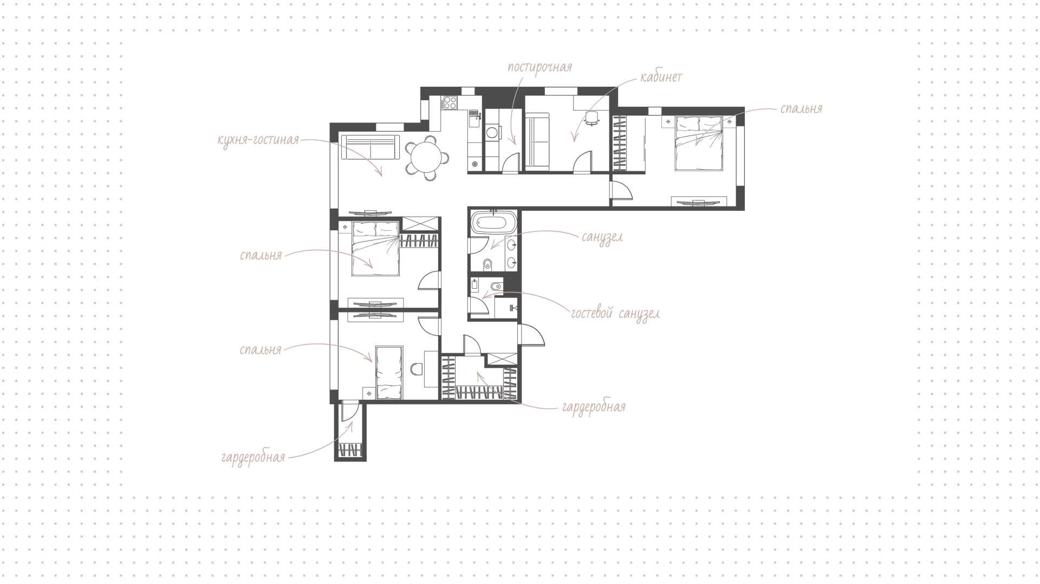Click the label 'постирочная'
pos(539,68)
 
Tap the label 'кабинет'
pos(661,77)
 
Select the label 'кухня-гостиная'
pos(258,140)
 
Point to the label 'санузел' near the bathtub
pos(602,237)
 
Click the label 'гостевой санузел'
pos(615,314)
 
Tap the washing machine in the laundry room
pos(493,133)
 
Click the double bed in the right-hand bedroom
pos(698,143)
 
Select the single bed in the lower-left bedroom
pos(389,374)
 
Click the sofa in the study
pos(537,142)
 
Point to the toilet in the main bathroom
pos(487,265)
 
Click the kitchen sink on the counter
pos(474,113)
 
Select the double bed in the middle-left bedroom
pos(375,249)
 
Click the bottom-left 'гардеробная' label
pos(253,457)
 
